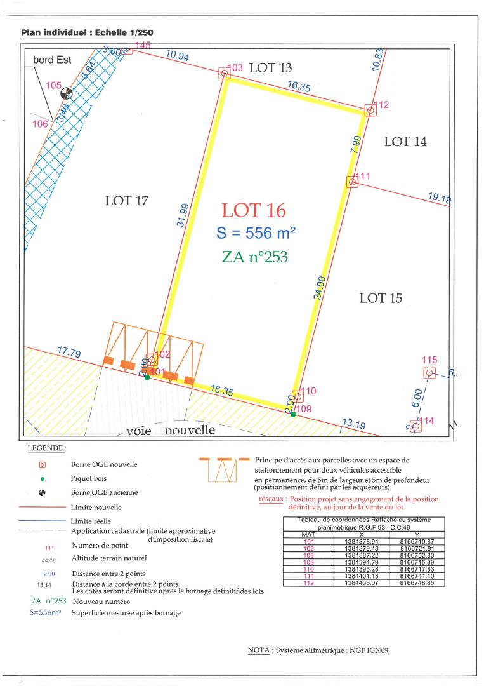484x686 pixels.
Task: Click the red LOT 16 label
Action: [254, 210]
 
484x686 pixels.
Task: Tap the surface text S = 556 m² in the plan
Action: [256, 233]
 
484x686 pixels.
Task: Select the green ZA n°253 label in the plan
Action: [255, 257]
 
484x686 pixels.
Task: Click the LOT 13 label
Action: [271, 68]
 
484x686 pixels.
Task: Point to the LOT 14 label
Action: [405, 142]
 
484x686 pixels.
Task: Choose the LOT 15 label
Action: [381, 298]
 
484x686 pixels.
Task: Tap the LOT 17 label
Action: [126, 201]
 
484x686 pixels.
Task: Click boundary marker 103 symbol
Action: [224, 74]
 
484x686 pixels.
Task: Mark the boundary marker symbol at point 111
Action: [352, 182]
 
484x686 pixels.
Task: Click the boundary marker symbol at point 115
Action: [429, 373]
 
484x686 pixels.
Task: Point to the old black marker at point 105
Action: [66, 93]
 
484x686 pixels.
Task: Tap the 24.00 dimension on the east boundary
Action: [321, 288]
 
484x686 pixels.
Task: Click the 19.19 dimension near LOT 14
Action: [440, 198]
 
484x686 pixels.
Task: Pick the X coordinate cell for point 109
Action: [362, 563]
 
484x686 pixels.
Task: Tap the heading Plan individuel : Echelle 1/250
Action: [87, 32]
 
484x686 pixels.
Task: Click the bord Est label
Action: [53, 60]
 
